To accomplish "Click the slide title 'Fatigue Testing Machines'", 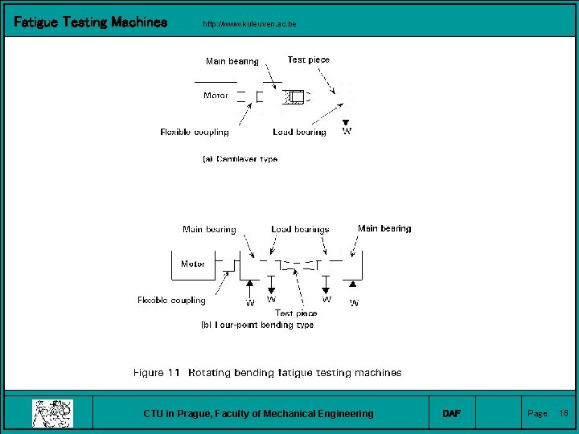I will point(91,23).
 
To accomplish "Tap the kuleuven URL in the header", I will point(250,24).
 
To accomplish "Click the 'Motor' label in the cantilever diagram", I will point(216,96).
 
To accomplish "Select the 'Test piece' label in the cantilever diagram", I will point(308,59).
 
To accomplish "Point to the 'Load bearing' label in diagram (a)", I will point(299,132).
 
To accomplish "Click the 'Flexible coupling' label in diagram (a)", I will point(195,132).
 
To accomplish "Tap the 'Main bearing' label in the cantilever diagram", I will point(232,61).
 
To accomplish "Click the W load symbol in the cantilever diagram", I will point(347,130).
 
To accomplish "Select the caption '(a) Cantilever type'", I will point(240,159).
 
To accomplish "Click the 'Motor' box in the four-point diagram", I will point(193,264).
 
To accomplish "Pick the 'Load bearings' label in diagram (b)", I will point(300,229).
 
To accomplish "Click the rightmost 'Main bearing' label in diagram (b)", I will point(384,228).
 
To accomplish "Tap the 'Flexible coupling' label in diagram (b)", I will point(171,301).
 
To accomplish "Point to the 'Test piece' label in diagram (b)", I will point(296,313).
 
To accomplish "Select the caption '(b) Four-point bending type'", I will point(257,325).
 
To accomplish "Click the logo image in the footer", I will point(52,413).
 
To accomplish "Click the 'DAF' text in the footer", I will point(452,413).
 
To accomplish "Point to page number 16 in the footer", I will point(564,413).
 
